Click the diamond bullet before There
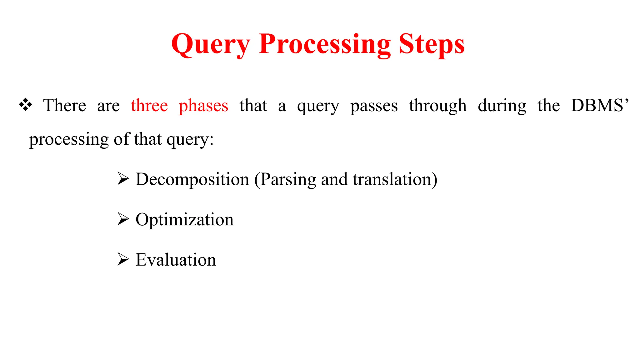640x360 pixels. coord(26,105)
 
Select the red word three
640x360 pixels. coord(149,105)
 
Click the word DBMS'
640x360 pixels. coord(599,105)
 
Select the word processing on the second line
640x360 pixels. coord(69,140)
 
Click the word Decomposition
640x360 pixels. coord(192,180)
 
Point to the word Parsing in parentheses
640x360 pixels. coord(287,180)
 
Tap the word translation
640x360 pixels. coord(392,179)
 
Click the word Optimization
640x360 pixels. coord(184,220)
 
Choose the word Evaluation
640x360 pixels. coord(176,260)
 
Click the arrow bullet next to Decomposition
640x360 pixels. coord(123,179)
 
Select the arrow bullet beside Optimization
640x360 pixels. coord(123,219)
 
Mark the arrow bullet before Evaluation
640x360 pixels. coord(123,259)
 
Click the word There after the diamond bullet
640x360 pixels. coord(64,105)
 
